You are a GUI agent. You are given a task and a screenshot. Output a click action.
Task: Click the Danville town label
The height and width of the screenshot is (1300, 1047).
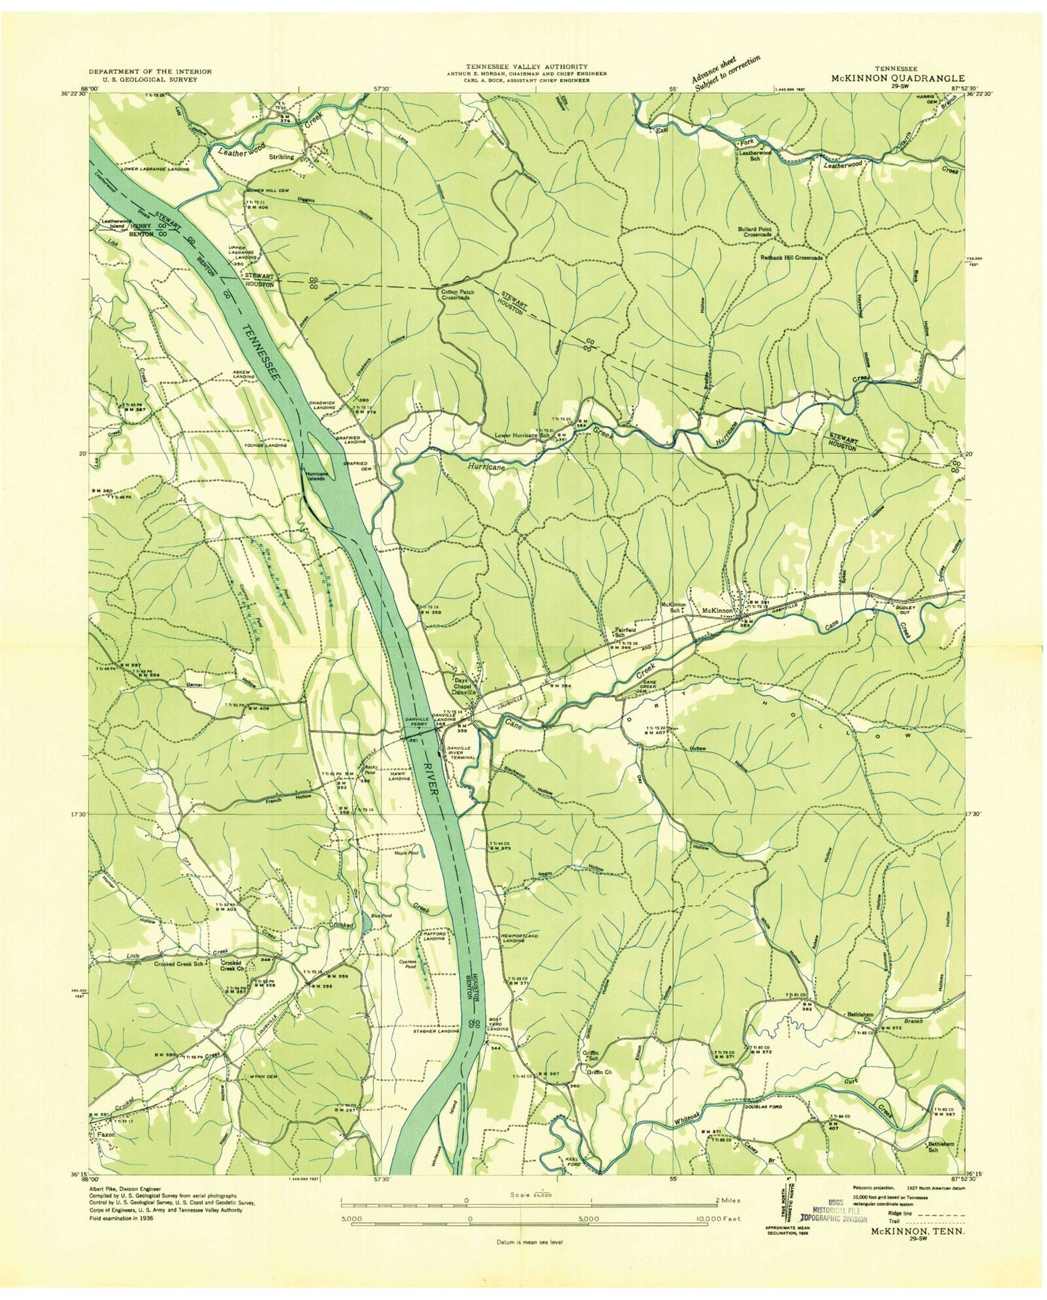click(464, 692)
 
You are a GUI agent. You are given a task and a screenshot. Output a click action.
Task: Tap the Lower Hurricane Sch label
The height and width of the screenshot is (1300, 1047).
click(526, 436)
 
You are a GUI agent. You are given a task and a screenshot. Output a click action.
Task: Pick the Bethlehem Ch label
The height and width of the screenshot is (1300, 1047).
click(860, 1017)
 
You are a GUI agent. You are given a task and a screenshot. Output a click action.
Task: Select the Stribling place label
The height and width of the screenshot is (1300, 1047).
click(281, 157)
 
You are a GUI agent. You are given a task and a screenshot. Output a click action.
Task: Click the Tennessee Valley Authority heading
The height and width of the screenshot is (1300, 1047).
click(527, 66)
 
